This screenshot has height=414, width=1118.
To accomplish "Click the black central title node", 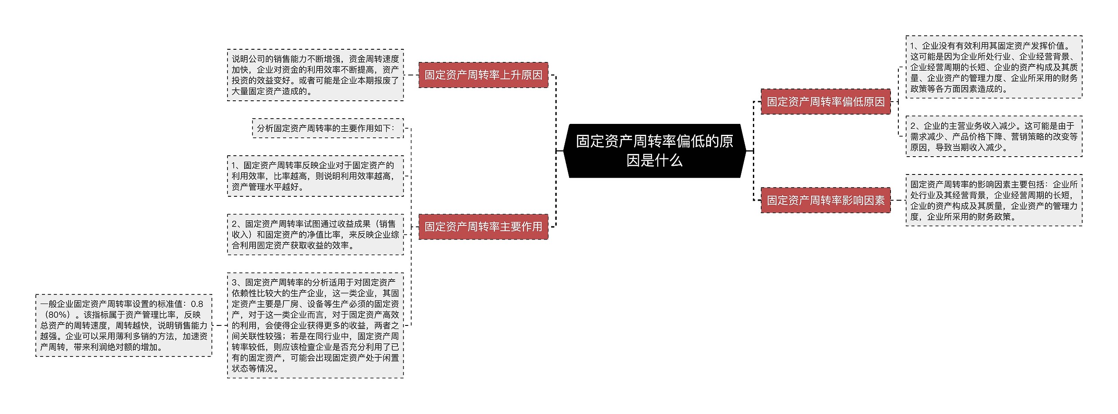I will [654, 151].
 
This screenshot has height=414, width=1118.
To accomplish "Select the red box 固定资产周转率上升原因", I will [483, 75].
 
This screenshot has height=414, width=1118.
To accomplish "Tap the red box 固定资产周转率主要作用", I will [483, 226].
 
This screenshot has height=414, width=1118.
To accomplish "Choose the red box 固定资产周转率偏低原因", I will [825, 102].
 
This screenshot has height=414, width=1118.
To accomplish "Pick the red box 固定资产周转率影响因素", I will [825, 200].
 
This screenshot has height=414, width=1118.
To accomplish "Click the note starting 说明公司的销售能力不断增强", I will [315, 75].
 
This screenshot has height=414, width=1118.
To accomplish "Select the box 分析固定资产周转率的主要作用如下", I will [328, 128].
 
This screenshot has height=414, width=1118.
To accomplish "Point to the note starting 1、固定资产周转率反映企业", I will [315, 176].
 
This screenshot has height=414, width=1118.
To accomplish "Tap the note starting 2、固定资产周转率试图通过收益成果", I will [315, 234].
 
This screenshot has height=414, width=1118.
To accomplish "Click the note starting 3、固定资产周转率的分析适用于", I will [315, 325].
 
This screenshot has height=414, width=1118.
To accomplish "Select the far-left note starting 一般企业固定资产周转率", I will [124, 325].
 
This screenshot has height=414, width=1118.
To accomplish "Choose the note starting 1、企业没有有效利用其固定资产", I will [994, 67].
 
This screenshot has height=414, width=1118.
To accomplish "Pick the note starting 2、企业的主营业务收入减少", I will [994, 136].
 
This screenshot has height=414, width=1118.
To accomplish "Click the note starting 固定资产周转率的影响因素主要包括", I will [994, 200].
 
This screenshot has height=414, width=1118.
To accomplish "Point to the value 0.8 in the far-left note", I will [197, 304].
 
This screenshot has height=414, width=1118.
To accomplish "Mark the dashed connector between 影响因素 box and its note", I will [898, 200].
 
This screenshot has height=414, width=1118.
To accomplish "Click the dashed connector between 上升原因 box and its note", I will [411, 75].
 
